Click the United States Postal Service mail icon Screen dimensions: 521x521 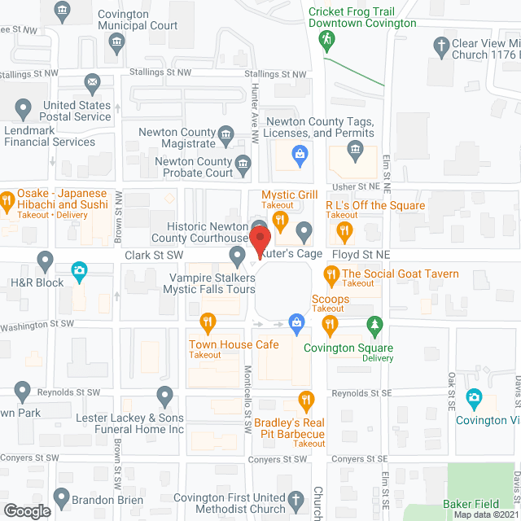92,82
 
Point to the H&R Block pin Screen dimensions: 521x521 46,260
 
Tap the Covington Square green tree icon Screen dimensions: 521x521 374,325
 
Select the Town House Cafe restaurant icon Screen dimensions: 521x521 208,323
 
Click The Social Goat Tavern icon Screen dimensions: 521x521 331,277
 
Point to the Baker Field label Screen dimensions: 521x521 471,505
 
